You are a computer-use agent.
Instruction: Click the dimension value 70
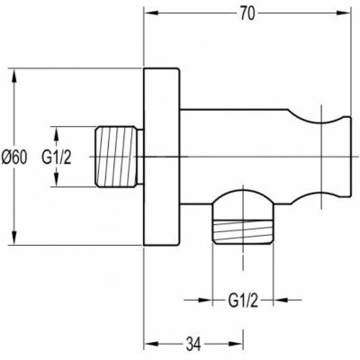tap(247, 13)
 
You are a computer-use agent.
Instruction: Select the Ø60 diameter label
tap(14, 157)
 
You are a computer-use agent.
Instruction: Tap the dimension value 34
tap(193, 344)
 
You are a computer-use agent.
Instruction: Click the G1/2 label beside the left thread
tap(57, 157)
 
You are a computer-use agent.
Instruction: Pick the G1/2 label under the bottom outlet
tap(243, 301)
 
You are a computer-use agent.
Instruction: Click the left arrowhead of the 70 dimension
tap(151, 13)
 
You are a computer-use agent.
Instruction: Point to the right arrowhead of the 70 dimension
tap(344, 13)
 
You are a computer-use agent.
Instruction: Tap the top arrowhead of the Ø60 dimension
tap(13, 76)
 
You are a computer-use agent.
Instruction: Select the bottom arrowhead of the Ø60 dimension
tap(13, 238)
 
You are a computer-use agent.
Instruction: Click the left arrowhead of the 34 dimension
tap(151, 344)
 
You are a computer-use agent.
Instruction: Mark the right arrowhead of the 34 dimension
tap(237, 344)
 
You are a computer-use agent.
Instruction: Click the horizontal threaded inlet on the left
tap(119, 157)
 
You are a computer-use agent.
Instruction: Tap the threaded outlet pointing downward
tap(243, 231)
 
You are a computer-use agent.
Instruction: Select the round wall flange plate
tap(161, 157)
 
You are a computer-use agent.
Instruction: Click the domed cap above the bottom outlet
tap(243, 197)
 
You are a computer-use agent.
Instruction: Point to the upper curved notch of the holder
tap(317, 119)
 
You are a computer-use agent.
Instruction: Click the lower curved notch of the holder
tap(317, 194)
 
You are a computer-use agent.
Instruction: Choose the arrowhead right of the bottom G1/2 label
tap(281, 300)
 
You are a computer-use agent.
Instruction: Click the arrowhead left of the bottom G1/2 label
tap(205, 300)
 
